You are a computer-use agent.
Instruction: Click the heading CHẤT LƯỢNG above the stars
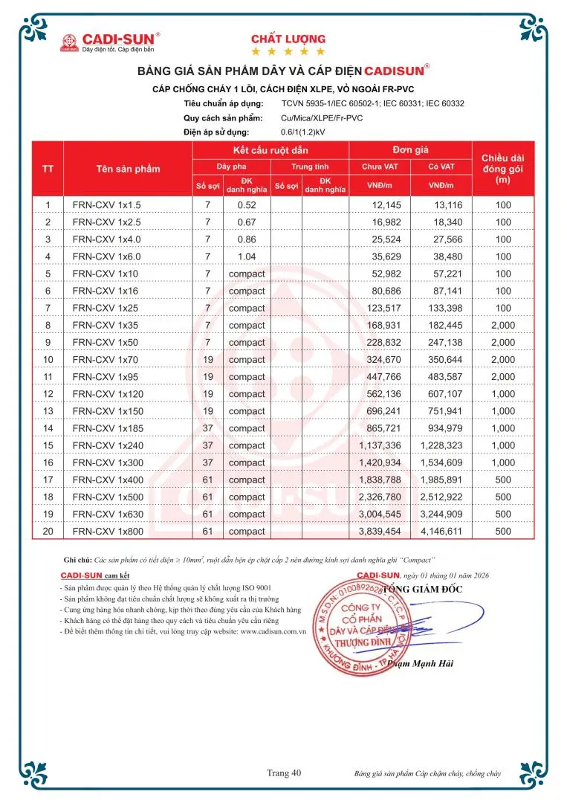(x=288, y=39)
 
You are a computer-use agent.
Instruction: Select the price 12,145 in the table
(x=386, y=205)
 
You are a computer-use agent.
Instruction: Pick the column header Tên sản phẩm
(x=128, y=169)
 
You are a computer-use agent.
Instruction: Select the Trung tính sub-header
(x=310, y=167)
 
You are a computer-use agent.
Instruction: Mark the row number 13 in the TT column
(x=48, y=411)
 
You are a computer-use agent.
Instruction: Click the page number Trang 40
(x=284, y=773)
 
